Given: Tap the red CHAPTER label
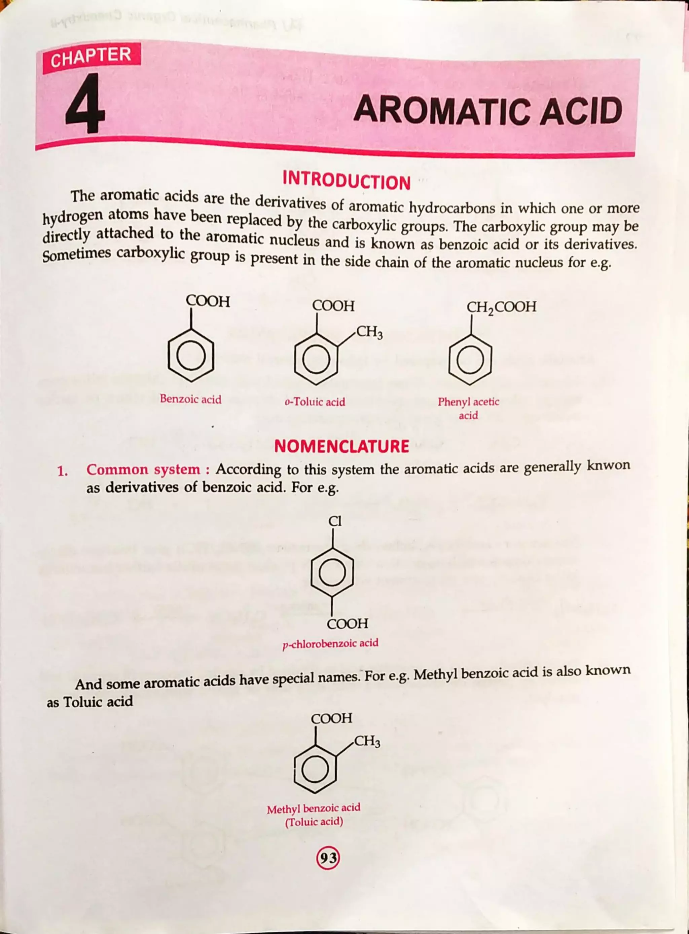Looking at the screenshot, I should tap(91, 57).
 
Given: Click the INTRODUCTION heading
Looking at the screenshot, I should tap(346, 181).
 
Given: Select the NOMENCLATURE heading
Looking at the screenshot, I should tap(341, 446).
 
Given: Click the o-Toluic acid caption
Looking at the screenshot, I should tap(315, 402).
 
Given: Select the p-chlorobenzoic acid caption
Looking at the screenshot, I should tap(330, 643).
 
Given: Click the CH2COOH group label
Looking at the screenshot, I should tap(501, 307).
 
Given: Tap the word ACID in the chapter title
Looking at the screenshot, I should tap(581, 111).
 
